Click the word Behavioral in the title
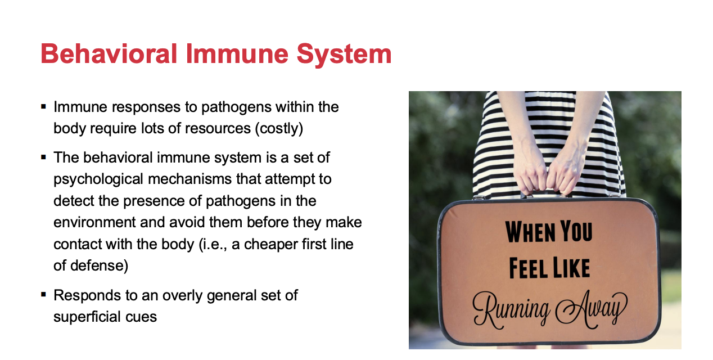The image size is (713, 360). tap(109, 53)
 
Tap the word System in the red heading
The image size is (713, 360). tap(344, 55)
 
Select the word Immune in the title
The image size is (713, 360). tap(237, 53)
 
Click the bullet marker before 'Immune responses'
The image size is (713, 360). tap(44, 107)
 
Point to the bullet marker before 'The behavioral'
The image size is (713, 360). tap(44, 157)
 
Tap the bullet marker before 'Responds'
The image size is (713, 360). tap(44, 295)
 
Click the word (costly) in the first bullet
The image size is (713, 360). tap(279, 129)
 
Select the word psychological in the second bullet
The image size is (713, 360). tap(98, 179)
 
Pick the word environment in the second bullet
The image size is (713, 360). tap(94, 222)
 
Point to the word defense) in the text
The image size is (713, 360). tap(99, 266)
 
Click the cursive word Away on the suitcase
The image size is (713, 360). tap(592, 309)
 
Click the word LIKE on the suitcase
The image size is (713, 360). tap(571, 268)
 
